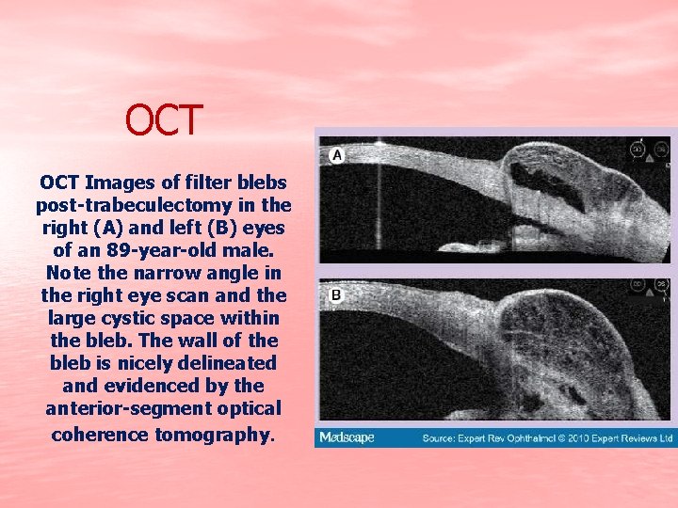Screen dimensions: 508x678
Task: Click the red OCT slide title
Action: click(165, 120)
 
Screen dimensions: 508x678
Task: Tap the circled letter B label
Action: click(336, 295)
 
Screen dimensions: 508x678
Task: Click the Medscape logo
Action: click(347, 437)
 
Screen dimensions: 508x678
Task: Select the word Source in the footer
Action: click(440, 438)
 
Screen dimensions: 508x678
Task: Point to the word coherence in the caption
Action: click(98, 435)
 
